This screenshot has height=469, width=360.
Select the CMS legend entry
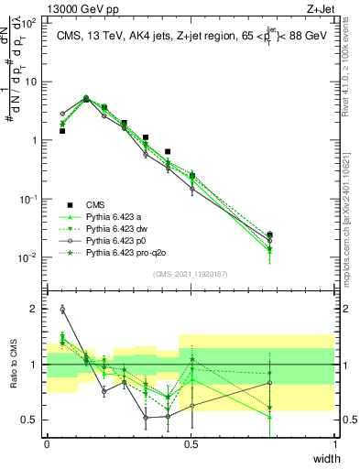[97, 204]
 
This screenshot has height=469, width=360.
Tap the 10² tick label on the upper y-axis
[29, 23]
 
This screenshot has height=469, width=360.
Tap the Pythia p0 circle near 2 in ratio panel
[62, 310]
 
